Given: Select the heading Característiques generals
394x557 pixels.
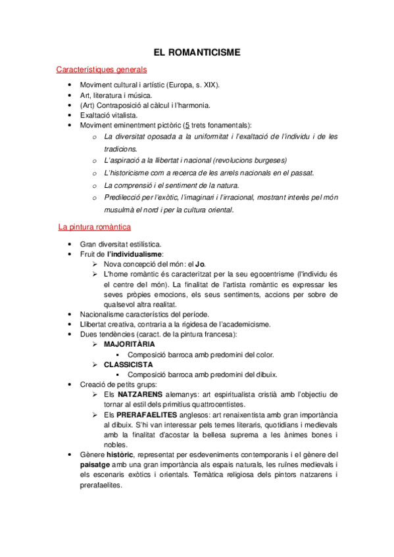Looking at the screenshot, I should [x=101, y=69].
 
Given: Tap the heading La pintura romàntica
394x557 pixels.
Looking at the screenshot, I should [x=94, y=227].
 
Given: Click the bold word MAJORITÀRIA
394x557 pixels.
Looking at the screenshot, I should [x=130, y=344].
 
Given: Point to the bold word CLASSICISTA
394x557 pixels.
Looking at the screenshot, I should [x=128, y=364].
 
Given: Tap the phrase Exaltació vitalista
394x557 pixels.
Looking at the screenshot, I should [x=109, y=115].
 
